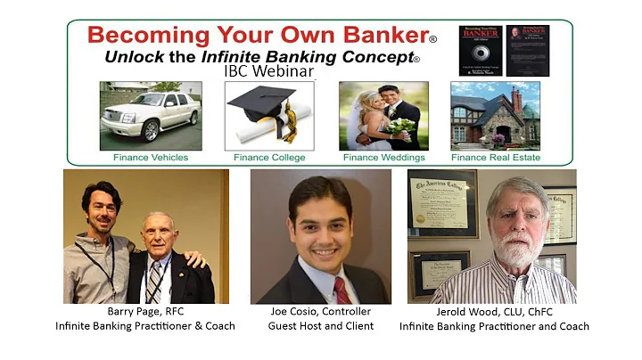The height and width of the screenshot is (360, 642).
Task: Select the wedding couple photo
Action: point(383,116)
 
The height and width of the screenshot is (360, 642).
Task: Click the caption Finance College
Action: point(269,158)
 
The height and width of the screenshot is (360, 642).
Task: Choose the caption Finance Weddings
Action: point(383,158)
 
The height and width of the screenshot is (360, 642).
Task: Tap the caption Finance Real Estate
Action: point(496,158)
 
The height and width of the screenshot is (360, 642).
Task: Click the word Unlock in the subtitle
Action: point(136,56)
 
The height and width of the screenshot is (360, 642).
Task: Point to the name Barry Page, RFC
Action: point(145,312)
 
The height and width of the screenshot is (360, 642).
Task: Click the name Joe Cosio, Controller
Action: point(320,312)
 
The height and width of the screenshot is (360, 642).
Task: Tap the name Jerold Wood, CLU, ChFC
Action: point(494,312)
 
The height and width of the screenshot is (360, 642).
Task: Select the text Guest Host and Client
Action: point(320,326)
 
